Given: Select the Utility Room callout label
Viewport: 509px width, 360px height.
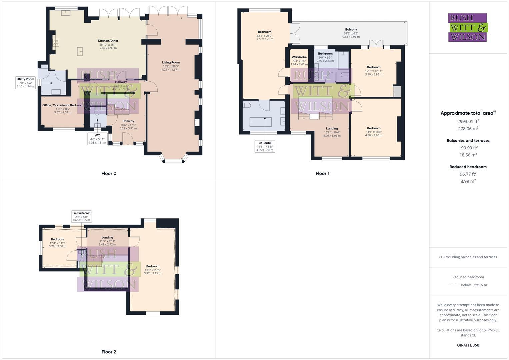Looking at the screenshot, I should click(26, 83).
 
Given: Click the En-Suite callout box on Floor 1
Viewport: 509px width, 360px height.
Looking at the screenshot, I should click(264, 146).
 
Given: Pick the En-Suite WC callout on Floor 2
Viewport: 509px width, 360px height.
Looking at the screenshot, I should click(81, 216).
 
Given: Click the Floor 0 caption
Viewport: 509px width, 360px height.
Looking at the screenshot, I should click(109, 173).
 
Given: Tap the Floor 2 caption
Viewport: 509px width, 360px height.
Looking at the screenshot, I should click(109, 352).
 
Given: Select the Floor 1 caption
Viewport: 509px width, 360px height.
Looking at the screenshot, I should click(322, 173).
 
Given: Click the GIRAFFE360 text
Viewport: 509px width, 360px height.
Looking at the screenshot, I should click(468, 345).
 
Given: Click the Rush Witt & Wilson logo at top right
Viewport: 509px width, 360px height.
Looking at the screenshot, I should click(467, 27).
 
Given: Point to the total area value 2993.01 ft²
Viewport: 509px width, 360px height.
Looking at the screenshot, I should click(468, 121).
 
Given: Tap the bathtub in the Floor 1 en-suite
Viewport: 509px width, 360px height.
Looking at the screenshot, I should click(261, 122).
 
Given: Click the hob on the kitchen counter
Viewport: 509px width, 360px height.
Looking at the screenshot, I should click(56, 43).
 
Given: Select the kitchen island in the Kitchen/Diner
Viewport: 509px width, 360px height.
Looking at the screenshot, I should click(80, 51).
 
